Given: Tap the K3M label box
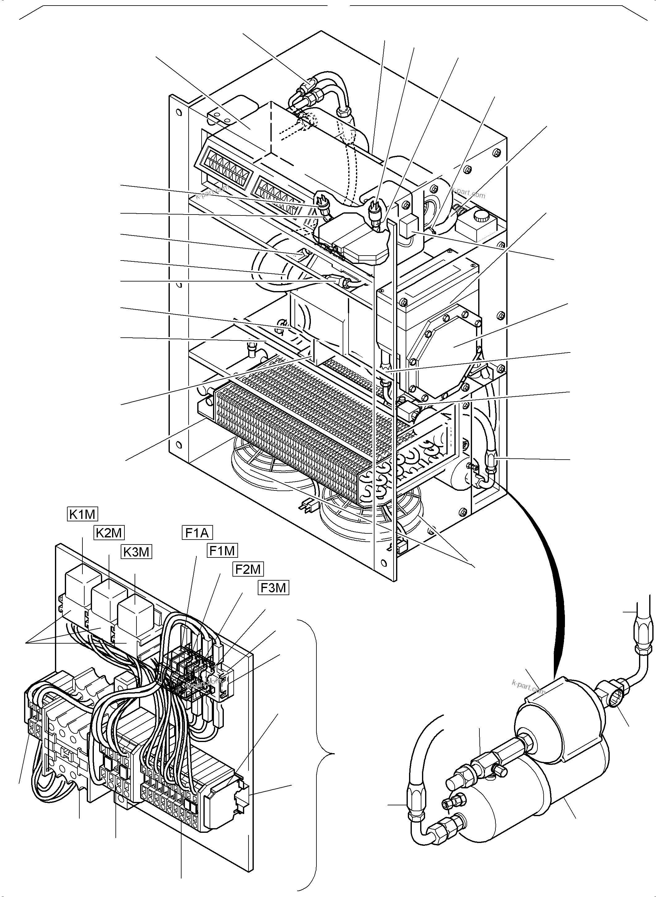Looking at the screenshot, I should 136,552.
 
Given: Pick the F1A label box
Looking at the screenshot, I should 197,532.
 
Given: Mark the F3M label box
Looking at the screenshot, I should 273,587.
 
